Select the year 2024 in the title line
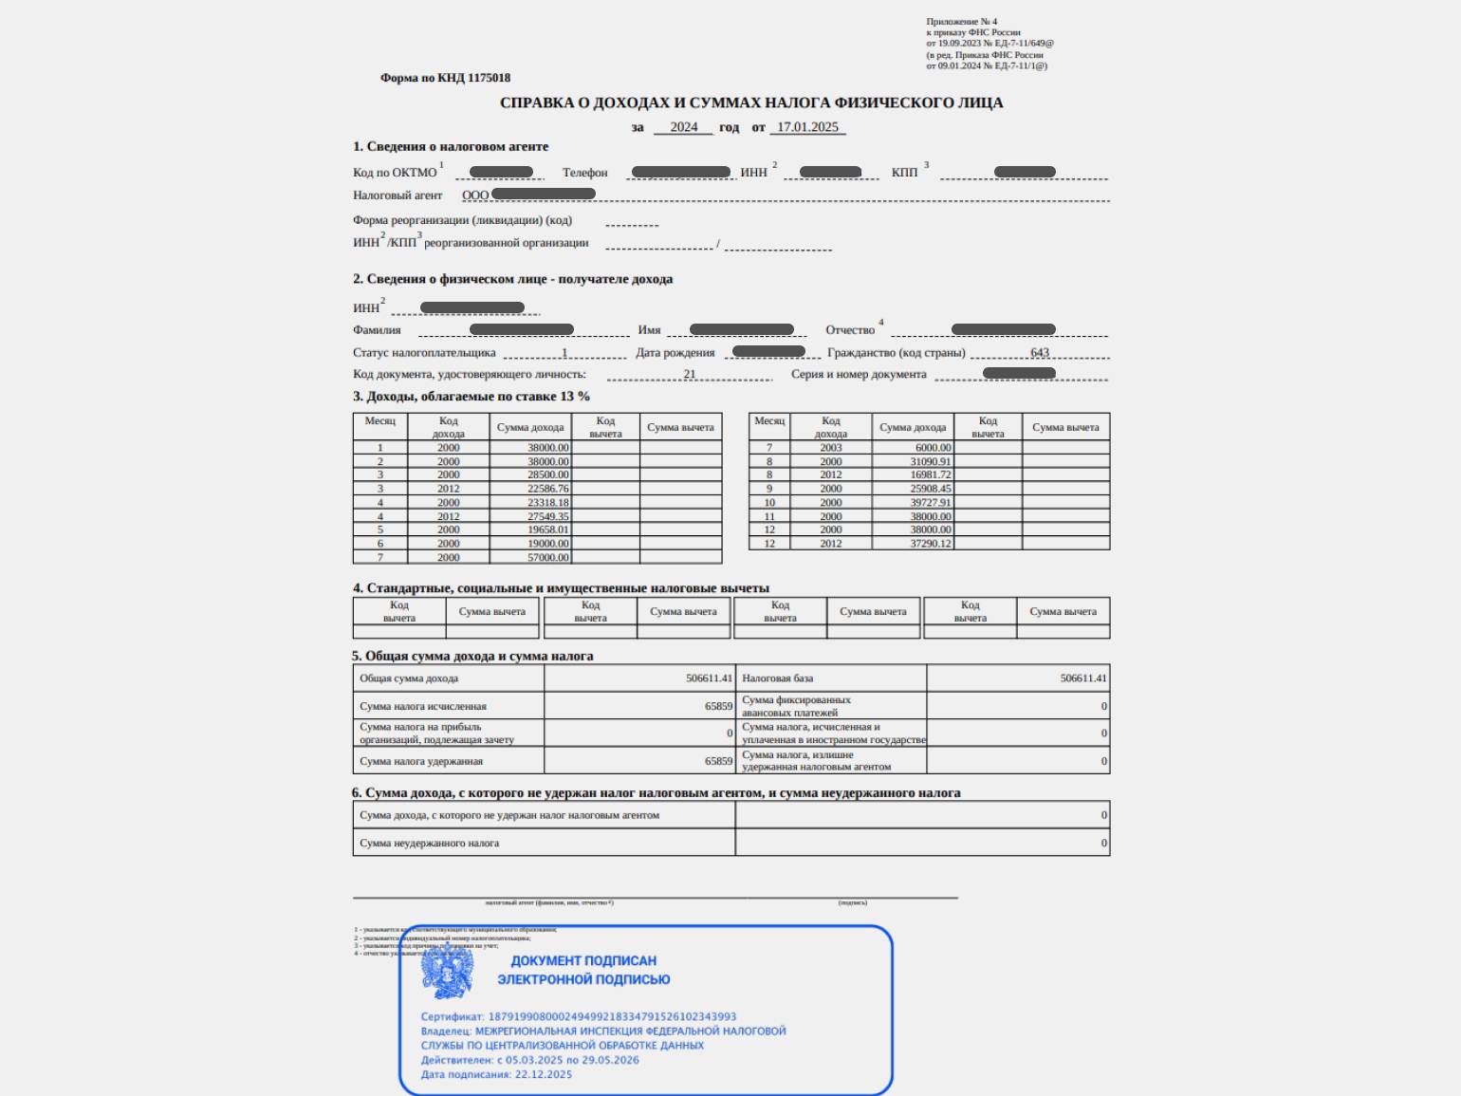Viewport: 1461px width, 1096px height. click(x=683, y=127)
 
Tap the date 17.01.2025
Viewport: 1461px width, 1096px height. click(x=807, y=127)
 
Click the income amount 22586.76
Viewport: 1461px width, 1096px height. click(x=548, y=489)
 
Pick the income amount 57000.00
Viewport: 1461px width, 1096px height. click(x=548, y=558)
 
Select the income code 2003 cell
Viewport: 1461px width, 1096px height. click(x=831, y=448)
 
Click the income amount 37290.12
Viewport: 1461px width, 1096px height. click(x=930, y=544)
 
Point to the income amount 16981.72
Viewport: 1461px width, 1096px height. click(x=930, y=474)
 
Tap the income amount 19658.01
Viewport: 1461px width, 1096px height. click(x=548, y=529)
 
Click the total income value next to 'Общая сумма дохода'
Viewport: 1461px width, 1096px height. click(x=709, y=678)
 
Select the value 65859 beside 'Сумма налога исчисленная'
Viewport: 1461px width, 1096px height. click(x=718, y=706)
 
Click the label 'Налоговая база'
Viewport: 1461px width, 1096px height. click(x=777, y=678)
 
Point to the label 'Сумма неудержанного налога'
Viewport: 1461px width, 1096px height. click(x=429, y=843)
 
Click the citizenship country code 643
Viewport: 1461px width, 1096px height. click(x=1040, y=352)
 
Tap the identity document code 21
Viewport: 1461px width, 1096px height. click(x=690, y=374)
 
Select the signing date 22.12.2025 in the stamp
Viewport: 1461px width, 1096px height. click(x=543, y=1074)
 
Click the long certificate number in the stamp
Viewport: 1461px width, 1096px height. click(x=612, y=1016)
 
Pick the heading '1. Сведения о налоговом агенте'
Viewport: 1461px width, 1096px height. click(x=451, y=146)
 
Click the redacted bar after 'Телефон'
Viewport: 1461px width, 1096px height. click(x=681, y=172)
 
